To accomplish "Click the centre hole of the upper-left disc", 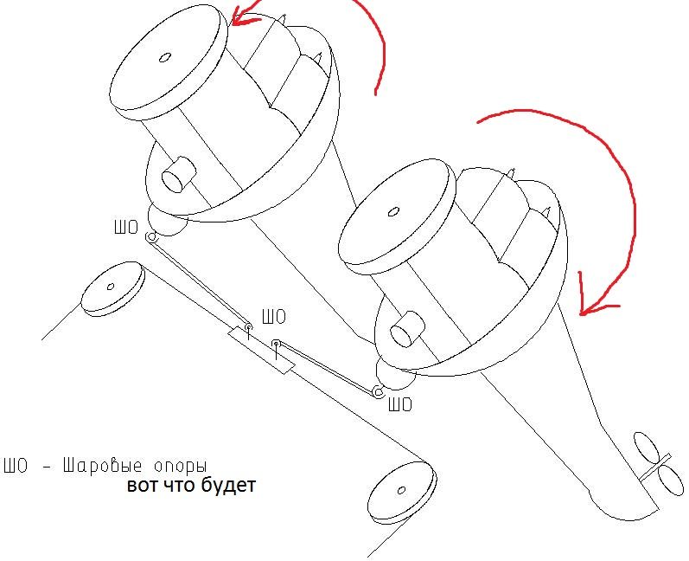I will point(164,59).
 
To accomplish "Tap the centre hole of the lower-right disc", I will point(394,210).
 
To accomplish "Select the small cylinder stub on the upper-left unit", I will point(178,176).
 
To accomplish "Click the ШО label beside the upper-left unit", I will point(126,229).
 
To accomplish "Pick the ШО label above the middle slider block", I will point(273,318).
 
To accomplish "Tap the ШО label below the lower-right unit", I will point(400,404).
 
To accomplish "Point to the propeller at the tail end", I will point(652,461).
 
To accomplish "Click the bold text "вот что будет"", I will point(191,486).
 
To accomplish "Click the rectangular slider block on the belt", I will point(262,350).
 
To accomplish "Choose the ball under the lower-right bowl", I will point(396,378).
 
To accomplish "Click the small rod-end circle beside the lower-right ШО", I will point(378,392).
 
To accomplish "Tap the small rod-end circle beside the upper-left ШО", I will point(150,237).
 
